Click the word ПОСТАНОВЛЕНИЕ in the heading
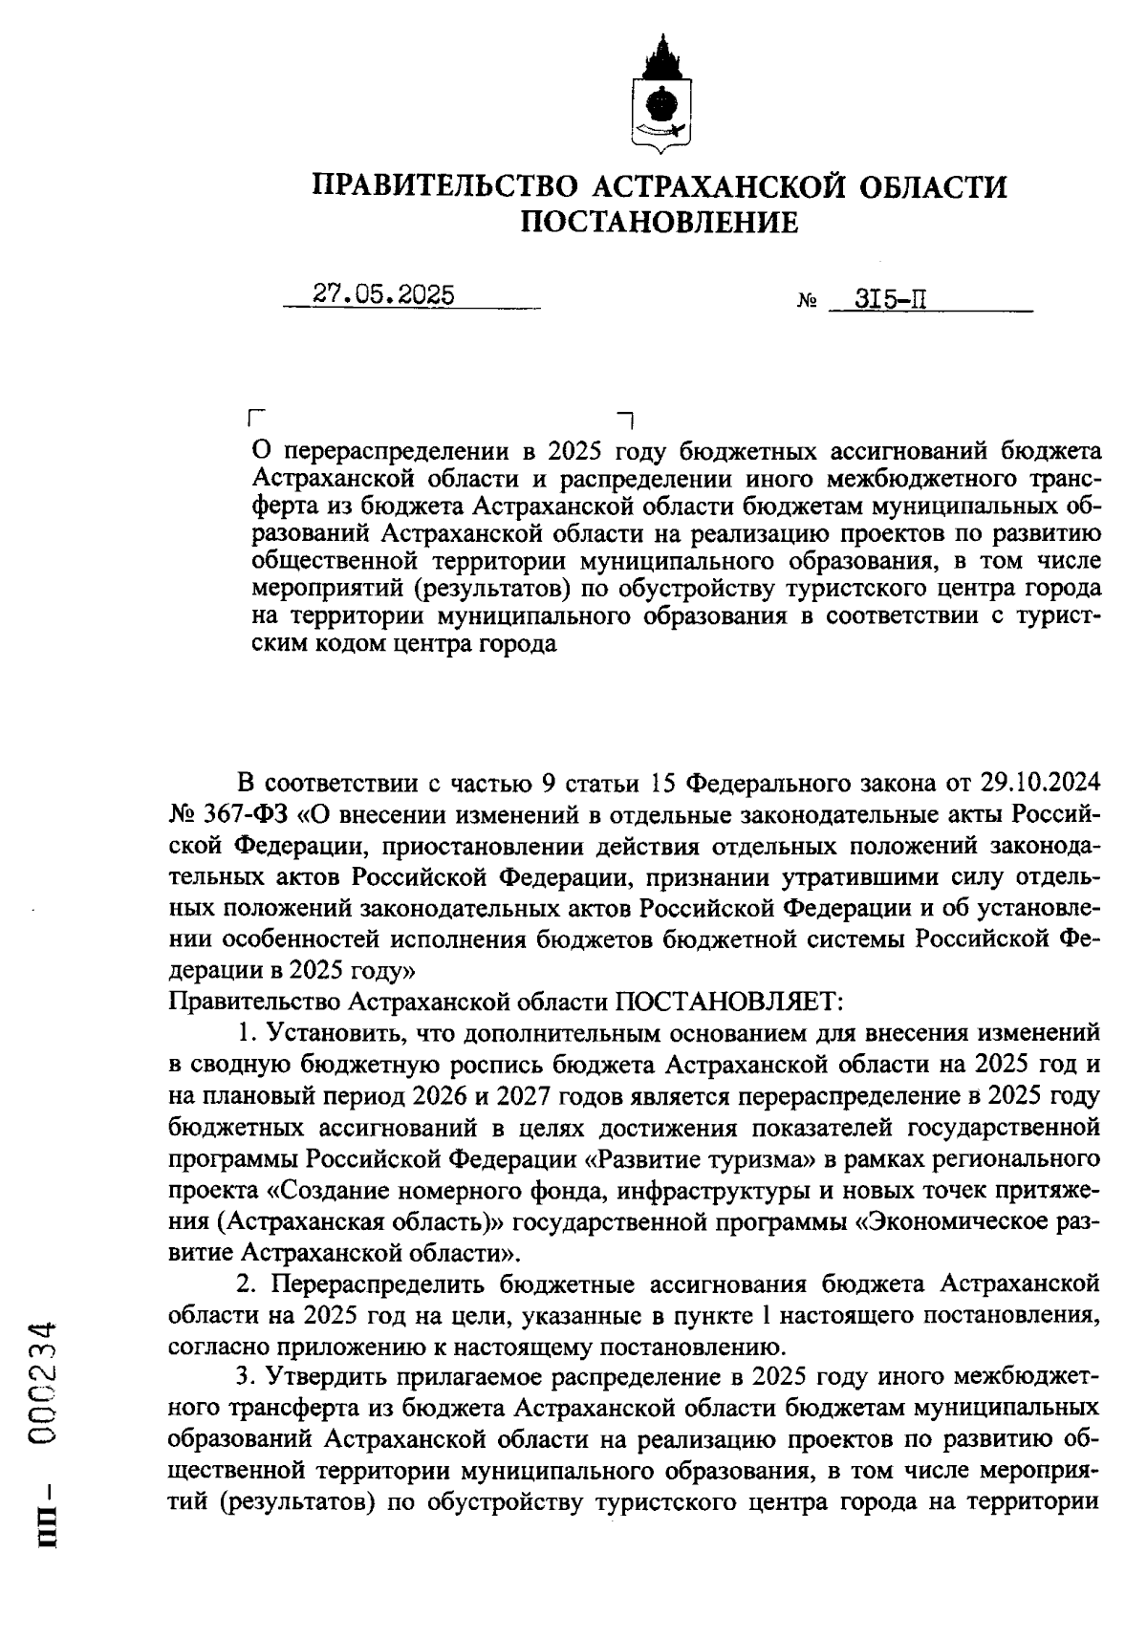pos(659,223)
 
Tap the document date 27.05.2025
pos(383,295)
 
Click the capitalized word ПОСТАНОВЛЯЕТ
pos(727,1002)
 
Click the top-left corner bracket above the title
pos(253,418)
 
